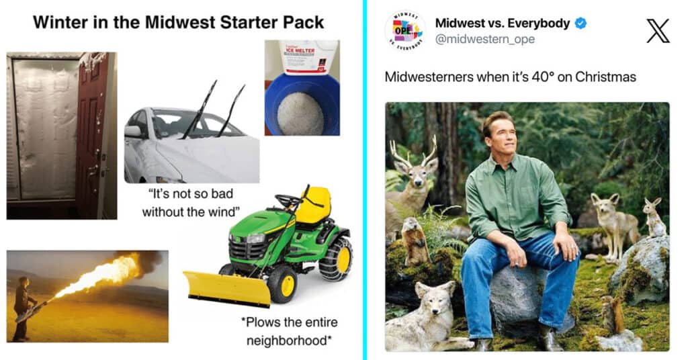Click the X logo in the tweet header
click(658, 31)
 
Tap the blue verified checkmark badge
click(580, 24)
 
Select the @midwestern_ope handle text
click(485, 39)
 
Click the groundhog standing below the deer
click(414, 240)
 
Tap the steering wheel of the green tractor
click(289, 200)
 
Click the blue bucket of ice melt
click(302, 105)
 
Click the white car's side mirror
click(132, 131)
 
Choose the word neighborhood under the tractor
click(288, 341)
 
